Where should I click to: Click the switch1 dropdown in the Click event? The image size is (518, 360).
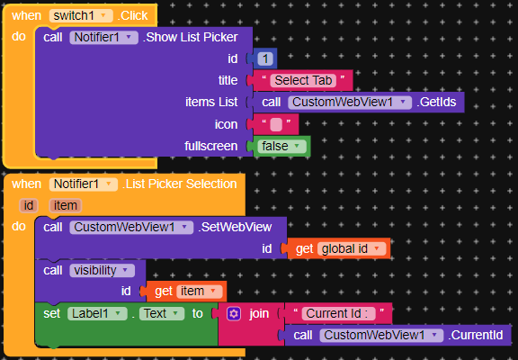tap(81, 16)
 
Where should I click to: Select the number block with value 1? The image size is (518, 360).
tap(265, 58)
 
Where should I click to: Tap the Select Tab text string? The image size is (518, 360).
tap(303, 80)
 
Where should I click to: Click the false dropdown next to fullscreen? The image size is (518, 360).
tap(281, 146)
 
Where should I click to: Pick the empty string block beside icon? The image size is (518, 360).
tap(276, 124)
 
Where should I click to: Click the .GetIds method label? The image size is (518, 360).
tap(436, 102)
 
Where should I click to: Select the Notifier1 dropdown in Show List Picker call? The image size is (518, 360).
tap(103, 38)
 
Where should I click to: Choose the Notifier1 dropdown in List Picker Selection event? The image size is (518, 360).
tap(84, 184)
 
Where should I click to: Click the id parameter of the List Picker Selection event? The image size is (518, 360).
tap(29, 205)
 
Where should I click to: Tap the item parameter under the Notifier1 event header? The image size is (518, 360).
tap(65, 205)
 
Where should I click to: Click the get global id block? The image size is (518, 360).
tap(339, 248)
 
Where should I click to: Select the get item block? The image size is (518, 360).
tap(186, 292)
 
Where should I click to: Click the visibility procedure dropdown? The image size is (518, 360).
tap(103, 270)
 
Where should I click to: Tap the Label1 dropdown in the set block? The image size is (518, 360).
tap(97, 313)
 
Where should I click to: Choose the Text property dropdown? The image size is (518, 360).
tap(162, 313)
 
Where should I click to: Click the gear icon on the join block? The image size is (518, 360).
tap(234, 313)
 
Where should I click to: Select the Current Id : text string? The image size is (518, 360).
tap(338, 313)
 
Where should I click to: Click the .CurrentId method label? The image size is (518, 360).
tap(476, 335)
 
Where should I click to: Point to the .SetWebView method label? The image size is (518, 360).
tap(235, 227)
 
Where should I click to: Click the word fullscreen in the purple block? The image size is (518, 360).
tap(210, 146)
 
